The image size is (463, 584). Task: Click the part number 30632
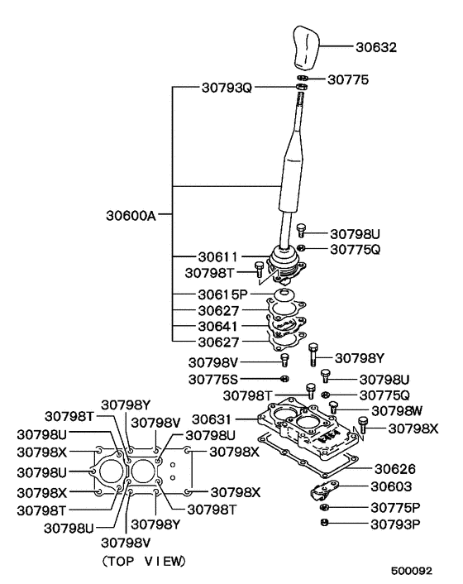(x=376, y=47)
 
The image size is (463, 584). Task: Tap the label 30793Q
(x=227, y=88)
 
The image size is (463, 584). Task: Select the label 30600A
(x=131, y=215)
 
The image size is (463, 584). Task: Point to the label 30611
(x=217, y=257)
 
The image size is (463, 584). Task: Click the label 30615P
(x=222, y=294)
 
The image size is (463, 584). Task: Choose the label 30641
(x=217, y=326)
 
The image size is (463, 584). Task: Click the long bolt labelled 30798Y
(x=313, y=355)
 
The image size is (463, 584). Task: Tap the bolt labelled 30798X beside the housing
(x=363, y=425)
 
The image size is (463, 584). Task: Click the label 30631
(x=212, y=419)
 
